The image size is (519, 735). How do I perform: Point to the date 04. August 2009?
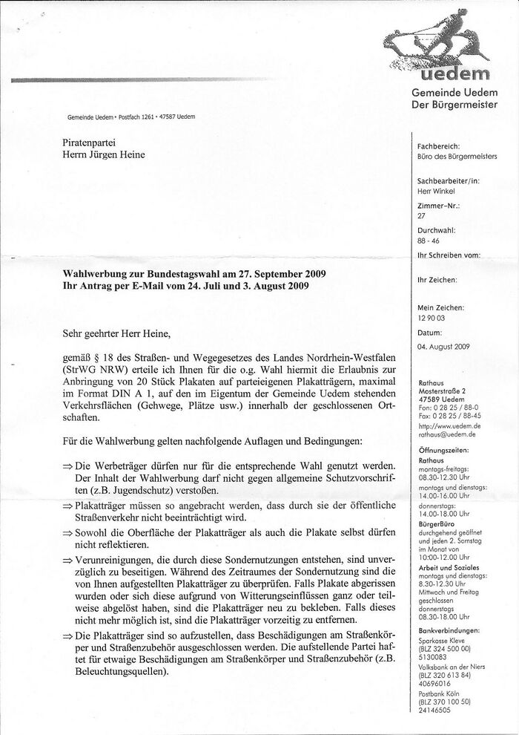point(444,347)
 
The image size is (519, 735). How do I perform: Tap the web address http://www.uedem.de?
point(449,427)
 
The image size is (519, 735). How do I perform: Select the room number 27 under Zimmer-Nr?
point(422,216)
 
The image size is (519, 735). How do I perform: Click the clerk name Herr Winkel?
point(436,190)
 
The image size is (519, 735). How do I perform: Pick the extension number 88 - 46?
point(428,241)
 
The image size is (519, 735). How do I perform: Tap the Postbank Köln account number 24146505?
point(435,710)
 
